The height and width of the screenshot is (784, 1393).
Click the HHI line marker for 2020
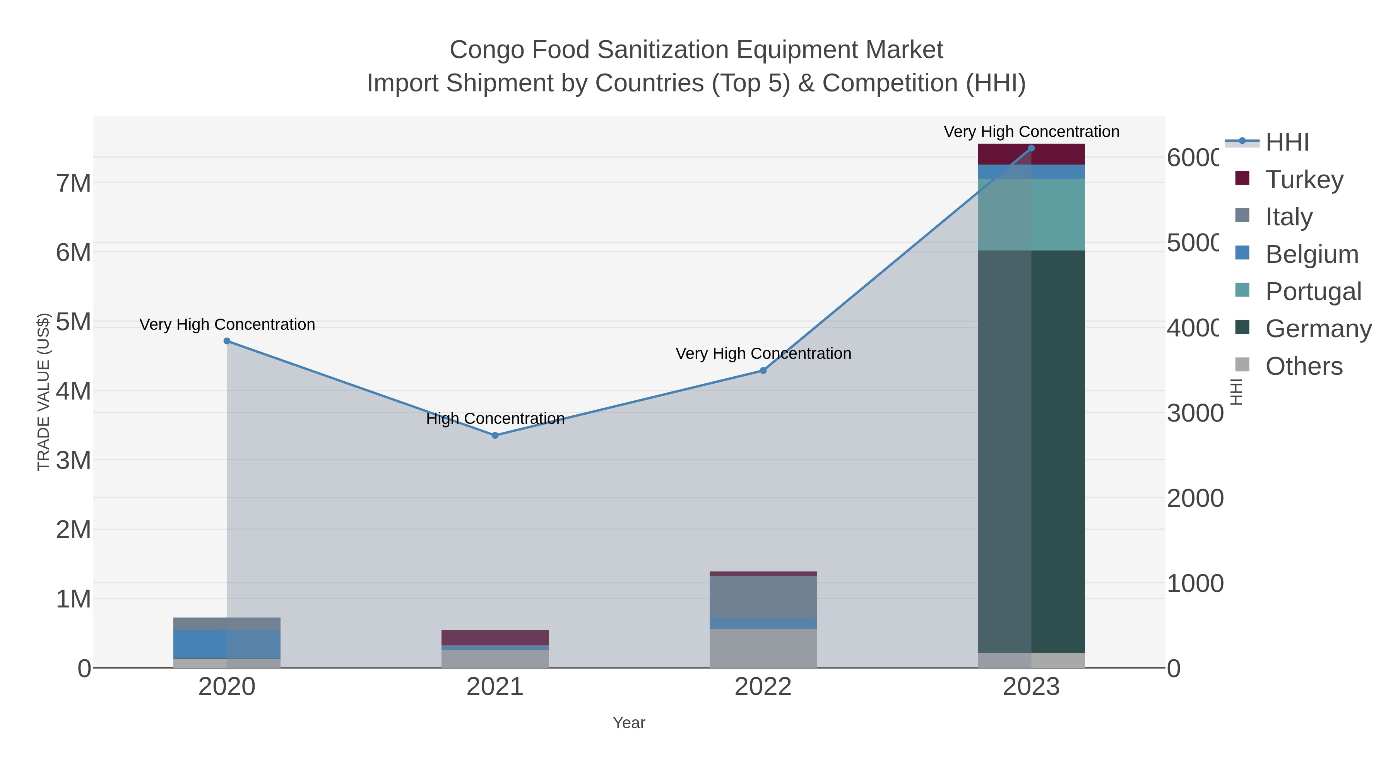point(227,341)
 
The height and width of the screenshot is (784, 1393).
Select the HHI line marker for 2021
point(495,435)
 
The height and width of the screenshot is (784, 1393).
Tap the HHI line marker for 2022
point(763,371)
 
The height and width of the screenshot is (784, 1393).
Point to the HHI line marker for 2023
point(1031,148)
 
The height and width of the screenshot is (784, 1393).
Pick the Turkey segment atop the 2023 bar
point(1031,154)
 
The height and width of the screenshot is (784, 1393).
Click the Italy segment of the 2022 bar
point(763,596)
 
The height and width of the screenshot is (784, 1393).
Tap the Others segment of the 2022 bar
point(763,648)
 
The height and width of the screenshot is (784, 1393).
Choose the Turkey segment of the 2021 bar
point(495,637)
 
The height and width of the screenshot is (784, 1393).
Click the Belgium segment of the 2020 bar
point(227,644)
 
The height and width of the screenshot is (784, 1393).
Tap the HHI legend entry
point(1287,142)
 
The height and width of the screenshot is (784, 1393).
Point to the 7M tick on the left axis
point(74,184)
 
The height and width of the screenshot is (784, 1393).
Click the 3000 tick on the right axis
point(1194,413)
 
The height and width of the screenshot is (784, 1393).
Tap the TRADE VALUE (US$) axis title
point(43,392)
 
